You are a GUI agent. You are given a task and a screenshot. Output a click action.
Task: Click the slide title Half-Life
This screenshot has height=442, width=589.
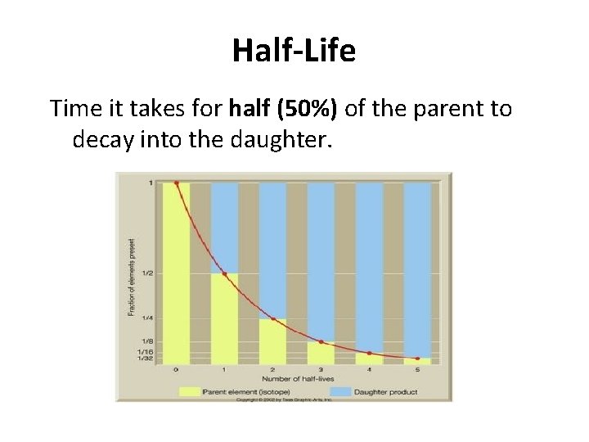[294, 52]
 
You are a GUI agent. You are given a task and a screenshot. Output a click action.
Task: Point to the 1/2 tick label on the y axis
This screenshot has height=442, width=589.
[146, 273]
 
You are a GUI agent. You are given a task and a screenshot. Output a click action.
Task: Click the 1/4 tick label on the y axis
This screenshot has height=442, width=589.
[146, 318]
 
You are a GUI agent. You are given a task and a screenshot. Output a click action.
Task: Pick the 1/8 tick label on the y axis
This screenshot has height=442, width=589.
[146, 341]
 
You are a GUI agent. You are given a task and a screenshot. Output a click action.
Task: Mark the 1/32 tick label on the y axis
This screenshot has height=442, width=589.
[146, 359]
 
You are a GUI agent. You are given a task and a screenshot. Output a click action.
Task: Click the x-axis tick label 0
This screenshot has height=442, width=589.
[176, 370]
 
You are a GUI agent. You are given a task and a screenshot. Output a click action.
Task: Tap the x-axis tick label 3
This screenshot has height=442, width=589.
[321, 370]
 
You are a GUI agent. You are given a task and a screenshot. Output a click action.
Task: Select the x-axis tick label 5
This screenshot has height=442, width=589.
[417, 370]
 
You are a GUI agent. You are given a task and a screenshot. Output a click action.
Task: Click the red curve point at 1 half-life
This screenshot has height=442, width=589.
[224, 273]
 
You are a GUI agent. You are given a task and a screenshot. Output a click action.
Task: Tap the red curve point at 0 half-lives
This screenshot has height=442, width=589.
[176, 183]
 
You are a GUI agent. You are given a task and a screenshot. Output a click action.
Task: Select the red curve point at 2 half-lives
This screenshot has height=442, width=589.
[272, 318]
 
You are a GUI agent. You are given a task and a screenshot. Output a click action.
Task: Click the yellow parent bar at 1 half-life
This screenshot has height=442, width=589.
[224, 319]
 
